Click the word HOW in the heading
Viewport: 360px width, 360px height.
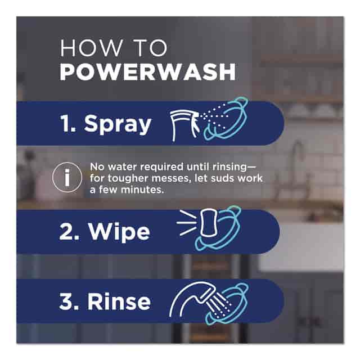click(x=91, y=48)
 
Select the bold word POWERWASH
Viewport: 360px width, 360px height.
click(x=147, y=72)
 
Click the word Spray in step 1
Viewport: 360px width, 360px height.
click(x=118, y=124)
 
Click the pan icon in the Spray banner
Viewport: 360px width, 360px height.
click(x=225, y=118)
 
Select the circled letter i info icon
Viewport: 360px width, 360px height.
click(x=67, y=177)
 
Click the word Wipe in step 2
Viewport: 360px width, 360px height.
click(x=119, y=232)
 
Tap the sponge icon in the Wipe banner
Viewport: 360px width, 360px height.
click(x=209, y=222)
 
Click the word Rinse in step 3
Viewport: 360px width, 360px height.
click(x=119, y=301)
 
